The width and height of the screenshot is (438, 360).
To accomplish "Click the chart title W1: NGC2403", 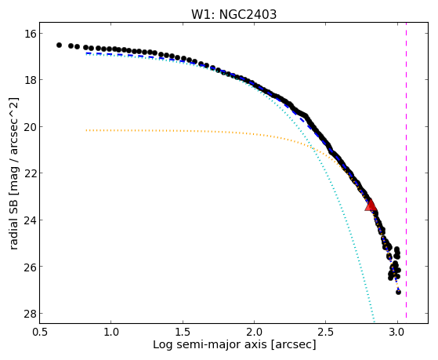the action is click(233, 14).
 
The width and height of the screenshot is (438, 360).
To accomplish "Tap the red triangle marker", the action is click(371, 205).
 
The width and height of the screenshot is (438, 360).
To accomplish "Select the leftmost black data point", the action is click(59, 45).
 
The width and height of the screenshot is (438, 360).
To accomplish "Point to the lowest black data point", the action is click(398, 292).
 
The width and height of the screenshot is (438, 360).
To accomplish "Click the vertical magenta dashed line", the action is click(406, 170).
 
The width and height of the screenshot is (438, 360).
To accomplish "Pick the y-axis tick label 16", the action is click(30, 34).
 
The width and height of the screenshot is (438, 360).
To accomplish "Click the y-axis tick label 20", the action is click(30, 127).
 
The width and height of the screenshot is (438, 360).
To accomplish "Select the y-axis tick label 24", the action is click(30, 220).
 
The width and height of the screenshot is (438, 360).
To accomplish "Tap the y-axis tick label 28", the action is click(30, 313).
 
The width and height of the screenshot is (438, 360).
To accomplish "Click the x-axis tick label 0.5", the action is click(40, 333).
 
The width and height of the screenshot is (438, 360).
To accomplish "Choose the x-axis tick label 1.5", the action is click(183, 333).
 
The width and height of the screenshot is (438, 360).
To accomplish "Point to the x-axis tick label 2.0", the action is click(255, 333).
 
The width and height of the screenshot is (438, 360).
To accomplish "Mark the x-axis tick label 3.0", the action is click(398, 333).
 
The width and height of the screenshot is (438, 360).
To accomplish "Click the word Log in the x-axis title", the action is click(161, 344).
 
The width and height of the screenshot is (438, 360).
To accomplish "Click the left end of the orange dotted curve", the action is click(87, 130).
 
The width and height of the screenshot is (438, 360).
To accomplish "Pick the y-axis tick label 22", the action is click(30, 173).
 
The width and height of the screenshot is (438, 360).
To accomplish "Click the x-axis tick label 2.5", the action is click(326, 333).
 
